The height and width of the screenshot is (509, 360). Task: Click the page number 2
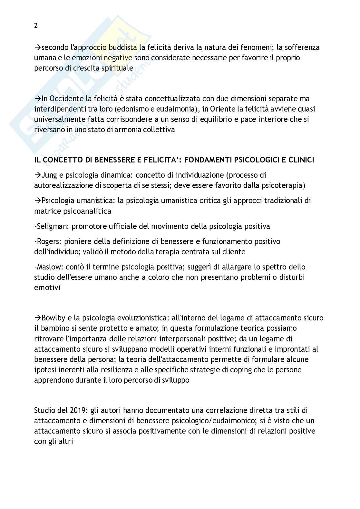coord(36,26)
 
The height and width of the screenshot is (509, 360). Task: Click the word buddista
coord(125,47)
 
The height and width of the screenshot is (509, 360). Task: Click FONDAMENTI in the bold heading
coord(200,160)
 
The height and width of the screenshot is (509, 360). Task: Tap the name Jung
coord(49,175)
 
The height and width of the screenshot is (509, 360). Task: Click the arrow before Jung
coord(38,175)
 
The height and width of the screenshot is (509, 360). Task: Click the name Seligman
coord(51,226)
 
